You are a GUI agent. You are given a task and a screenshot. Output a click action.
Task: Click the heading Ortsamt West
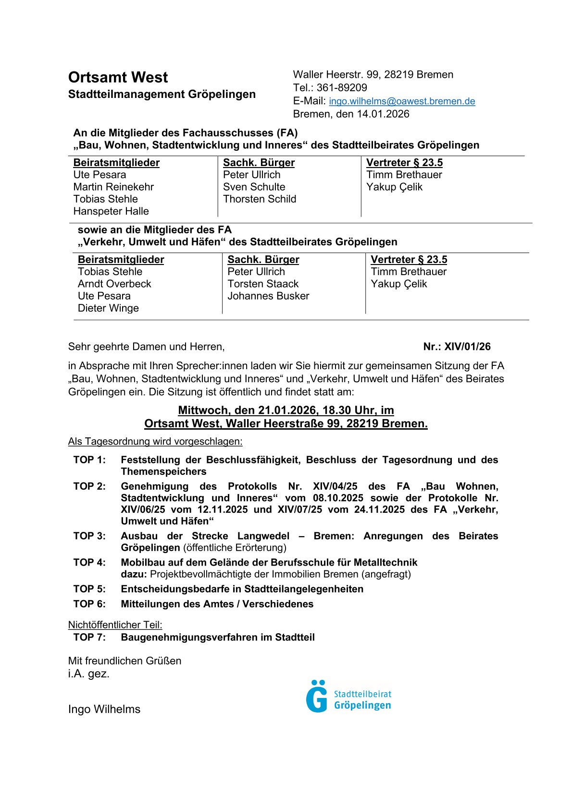coord(118,77)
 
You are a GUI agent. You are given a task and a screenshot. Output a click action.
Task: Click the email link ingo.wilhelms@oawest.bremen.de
coord(402,101)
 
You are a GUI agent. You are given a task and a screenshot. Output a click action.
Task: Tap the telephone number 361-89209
coord(342,88)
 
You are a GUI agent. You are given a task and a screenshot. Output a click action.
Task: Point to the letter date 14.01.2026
coord(383,114)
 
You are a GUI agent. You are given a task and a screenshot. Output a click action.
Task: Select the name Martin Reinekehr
coord(113,187)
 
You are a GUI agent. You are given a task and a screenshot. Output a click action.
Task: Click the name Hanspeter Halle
coord(111,211)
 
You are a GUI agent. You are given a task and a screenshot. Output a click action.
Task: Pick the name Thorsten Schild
coord(260,199)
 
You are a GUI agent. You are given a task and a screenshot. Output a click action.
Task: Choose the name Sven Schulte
coord(254,187)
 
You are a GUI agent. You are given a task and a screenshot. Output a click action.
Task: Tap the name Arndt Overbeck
coord(114,284)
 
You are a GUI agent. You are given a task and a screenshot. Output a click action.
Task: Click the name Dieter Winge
coord(108,308)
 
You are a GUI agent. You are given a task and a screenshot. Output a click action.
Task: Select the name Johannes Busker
coord(268,296)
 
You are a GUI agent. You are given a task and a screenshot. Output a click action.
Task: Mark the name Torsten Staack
coord(263,284)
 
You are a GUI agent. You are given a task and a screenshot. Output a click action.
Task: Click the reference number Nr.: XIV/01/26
coord(457,347)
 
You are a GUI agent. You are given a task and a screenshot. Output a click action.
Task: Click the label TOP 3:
coord(89,536)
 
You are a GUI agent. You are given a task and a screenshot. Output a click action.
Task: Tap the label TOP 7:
coord(89,637)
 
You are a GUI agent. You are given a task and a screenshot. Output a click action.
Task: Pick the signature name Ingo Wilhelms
coord(104,709)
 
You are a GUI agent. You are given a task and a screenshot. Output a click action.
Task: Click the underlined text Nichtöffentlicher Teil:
coord(115,625)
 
